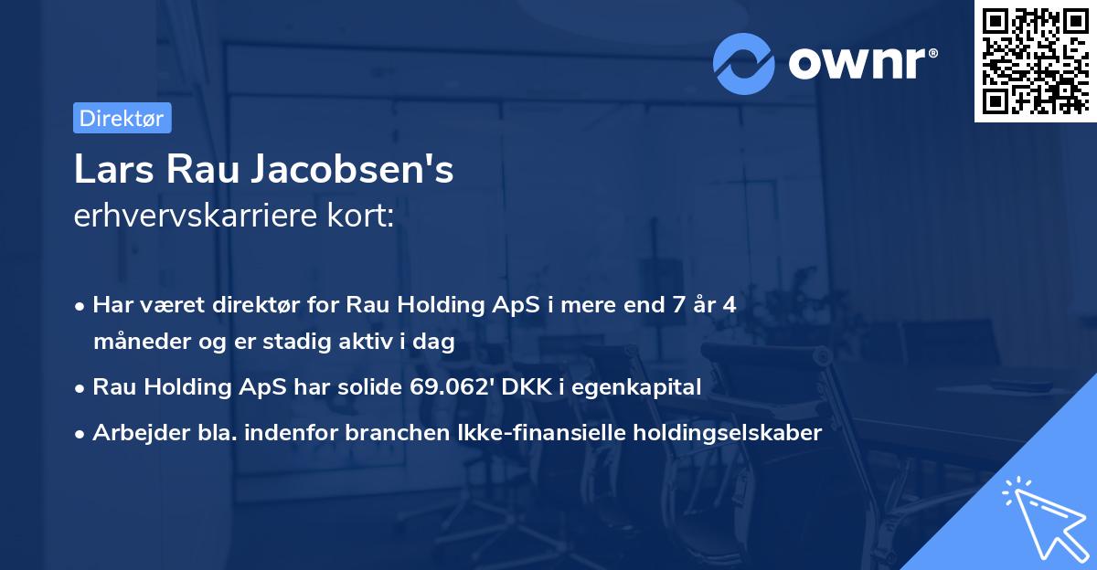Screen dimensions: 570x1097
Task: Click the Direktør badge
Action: click(x=122, y=118)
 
